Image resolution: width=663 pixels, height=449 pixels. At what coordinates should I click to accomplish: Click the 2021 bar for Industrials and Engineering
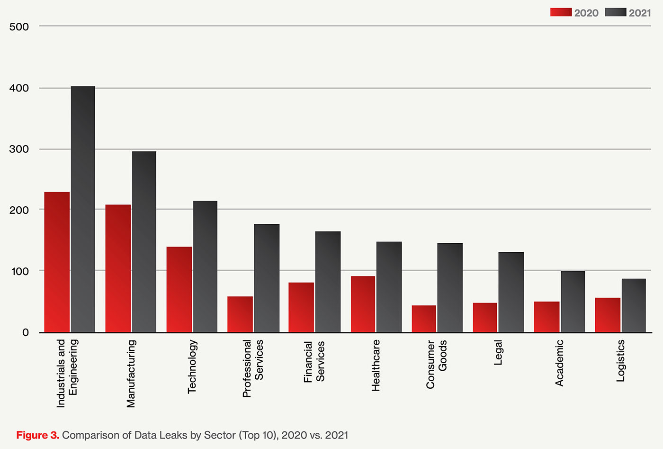coord(83,209)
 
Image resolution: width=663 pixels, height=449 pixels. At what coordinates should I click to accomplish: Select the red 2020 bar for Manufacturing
coord(118,268)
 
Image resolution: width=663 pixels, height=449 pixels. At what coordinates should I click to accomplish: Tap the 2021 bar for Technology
coord(205,266)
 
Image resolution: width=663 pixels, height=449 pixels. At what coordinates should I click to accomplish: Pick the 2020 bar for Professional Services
coord(240,314)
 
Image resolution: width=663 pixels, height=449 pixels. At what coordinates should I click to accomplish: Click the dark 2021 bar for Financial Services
coord(328,282)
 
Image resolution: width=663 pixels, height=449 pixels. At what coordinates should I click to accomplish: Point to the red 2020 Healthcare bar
coord(363,304)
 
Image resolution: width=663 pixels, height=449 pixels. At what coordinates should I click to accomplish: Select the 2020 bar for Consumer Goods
coord(424,319)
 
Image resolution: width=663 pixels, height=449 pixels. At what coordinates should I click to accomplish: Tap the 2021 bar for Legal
coord(511,292)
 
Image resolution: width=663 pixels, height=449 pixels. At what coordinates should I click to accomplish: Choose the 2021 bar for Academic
coord(573,302)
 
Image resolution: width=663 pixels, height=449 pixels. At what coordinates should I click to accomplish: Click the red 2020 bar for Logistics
coord(608,315)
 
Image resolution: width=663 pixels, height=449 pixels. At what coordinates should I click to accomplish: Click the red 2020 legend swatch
coord(561,12)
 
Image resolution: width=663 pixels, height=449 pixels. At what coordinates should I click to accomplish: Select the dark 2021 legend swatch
coord(615,12)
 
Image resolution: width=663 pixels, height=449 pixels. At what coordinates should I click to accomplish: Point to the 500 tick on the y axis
coord(19,27)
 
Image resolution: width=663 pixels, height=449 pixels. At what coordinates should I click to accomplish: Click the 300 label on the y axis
coord(19,149)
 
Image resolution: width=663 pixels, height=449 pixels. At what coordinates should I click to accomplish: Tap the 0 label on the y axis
coord(26,332)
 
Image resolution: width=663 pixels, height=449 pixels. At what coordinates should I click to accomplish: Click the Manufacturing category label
coord(131,374)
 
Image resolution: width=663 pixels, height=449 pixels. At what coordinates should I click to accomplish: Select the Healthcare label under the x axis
coord(376,366)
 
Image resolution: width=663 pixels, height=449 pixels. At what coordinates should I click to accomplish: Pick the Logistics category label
coord(621,361)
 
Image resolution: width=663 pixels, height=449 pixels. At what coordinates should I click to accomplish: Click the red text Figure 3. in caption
coord(37,435)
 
